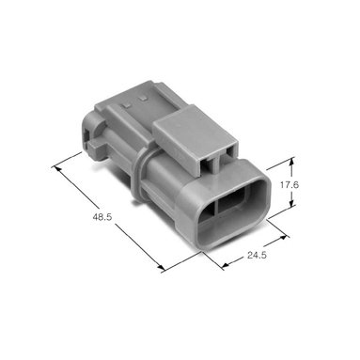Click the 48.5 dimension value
click(x=102, y=216)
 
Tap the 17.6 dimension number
click(x=290, y=185)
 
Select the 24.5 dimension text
click(x=257, y=255)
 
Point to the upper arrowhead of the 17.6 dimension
click(x=291, y=161)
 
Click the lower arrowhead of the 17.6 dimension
click(x=291, y=204)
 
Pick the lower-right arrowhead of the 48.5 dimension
click(x=161, y=268)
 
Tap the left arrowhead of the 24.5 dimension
click(x=225, y=266)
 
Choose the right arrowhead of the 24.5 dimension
click(x=284, y=238)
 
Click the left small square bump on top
click(x=128, y=105)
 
